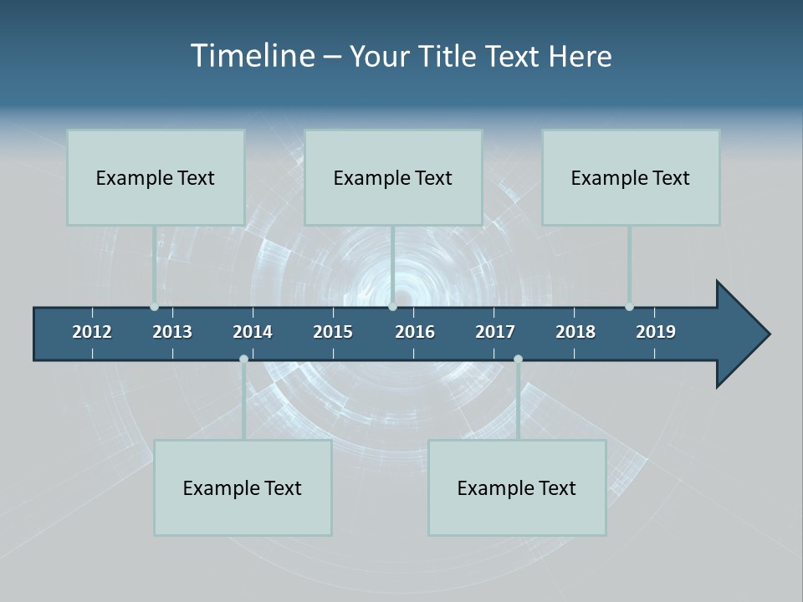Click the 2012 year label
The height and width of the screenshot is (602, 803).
point(92,332)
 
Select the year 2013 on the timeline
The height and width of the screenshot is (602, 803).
point(172,332)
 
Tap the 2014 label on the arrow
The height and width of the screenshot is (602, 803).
point(253,332)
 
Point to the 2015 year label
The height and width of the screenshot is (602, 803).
point(333,332)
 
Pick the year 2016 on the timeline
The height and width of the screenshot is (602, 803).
point(415,332)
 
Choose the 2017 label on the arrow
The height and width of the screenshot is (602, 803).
point(495,332)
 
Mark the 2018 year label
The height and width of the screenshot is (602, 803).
point(575,332)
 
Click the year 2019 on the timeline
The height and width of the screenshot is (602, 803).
point(656,332)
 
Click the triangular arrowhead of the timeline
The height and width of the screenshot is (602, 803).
point(741,334)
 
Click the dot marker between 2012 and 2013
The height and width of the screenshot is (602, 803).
point(154,307)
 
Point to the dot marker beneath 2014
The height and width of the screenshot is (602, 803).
point(243,359)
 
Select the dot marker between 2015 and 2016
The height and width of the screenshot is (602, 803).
point(392,307)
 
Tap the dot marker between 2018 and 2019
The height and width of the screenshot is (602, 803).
point(629,307)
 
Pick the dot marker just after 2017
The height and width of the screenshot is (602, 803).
point(518,359)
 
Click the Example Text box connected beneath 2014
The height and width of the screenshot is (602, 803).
point(243,487)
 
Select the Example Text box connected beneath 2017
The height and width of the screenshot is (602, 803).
point(517,487)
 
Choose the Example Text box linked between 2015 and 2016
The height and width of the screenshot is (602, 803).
point(393,177)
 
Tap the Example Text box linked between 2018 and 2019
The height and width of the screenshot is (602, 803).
point(631,177)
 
